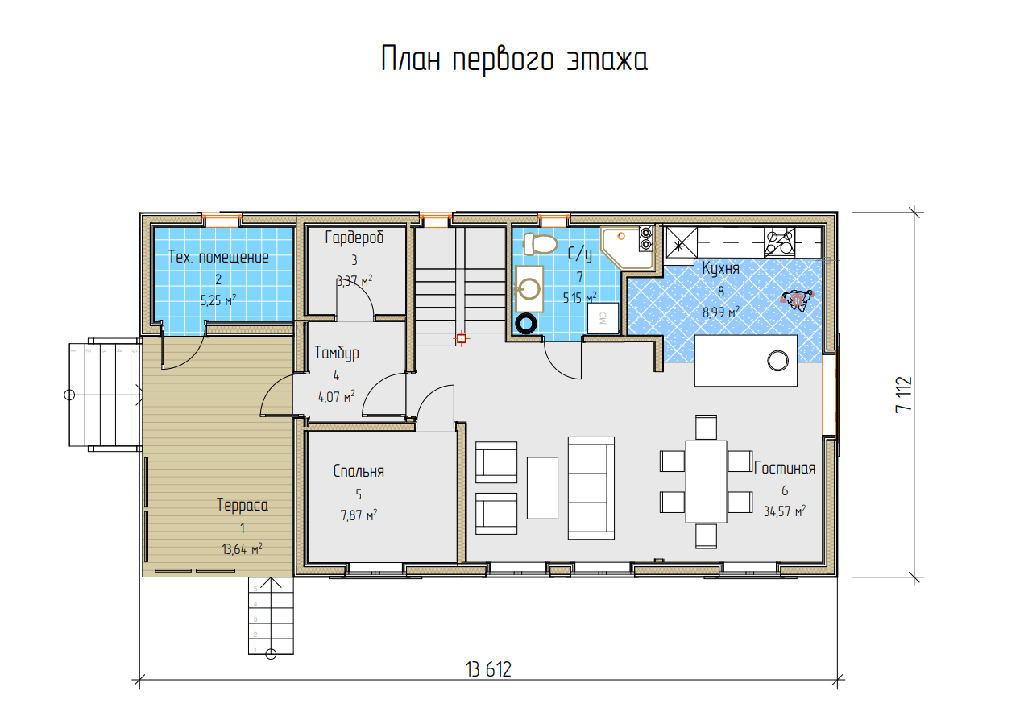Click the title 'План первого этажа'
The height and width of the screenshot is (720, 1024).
(514, 60)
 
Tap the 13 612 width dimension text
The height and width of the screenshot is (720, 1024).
(488, 670)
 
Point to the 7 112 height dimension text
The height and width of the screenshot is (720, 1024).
(904, 395)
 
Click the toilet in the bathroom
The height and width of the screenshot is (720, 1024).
(540, 244)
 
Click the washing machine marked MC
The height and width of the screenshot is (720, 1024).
(603, 318)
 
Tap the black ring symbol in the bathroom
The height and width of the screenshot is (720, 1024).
(526, 324)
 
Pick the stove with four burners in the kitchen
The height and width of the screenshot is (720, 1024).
(779, 242)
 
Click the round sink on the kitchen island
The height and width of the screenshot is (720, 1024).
(777, 361)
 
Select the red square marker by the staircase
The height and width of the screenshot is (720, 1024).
(462, 338)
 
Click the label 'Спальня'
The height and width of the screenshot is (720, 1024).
(359, 471)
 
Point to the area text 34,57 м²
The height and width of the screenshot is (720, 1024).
(785, 511)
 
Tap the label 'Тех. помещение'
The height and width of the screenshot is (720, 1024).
(218, 257)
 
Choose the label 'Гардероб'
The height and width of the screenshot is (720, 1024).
(354, 238)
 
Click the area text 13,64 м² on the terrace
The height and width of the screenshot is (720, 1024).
(242, 548)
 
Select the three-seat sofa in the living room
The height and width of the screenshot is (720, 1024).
(591, 488)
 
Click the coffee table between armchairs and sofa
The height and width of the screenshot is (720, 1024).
(542, 488)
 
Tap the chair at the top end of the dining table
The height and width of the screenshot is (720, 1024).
(706, 427)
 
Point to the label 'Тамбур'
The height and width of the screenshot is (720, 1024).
(337, 353)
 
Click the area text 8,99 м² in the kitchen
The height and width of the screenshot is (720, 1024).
(721, 312)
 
